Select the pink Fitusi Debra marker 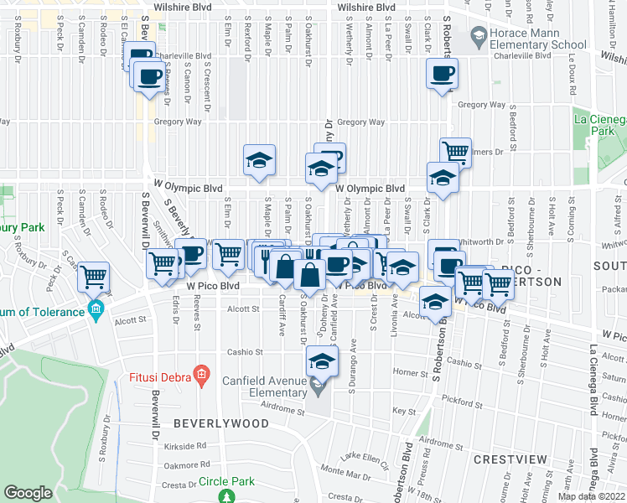(201, 376)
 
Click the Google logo (28, 493)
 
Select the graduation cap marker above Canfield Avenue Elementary (319, 362)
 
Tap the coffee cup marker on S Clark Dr (441, 74)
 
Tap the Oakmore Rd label (186, 465)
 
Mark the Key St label (405, 411)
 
